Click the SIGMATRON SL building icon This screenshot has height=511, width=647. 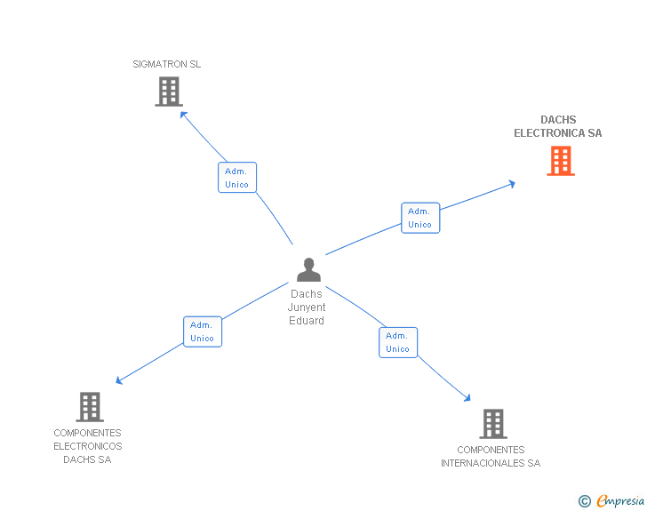click(x=168, y=92)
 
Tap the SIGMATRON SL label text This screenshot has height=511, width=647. click(x=167, y=64)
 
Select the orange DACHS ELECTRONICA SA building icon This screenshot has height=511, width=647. click(x=561, y=161)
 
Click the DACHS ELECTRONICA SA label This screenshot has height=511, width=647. click(x=558, y=127)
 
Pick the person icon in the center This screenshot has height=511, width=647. click(x=308, y=270)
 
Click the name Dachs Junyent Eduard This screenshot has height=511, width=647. click(x=307, y=307)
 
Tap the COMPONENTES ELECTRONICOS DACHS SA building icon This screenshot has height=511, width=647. click(x=89, y=407)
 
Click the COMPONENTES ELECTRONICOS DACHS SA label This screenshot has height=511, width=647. click(x=88, y=446)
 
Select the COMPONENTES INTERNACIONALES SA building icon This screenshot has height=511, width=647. click(x=493, y=424)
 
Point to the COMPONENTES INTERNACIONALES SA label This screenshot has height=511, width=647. click(x=491, y=457)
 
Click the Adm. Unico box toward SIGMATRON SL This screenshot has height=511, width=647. click(x=237, y=178)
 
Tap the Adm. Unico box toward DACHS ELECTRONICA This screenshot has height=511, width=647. click(x=419, y=218)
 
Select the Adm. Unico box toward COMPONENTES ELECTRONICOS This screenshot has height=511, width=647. click(x=203, y=331)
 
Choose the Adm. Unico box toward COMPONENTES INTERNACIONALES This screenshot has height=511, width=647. click(x=398, y=342)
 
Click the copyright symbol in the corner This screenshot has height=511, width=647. click(x=585, y=501)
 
